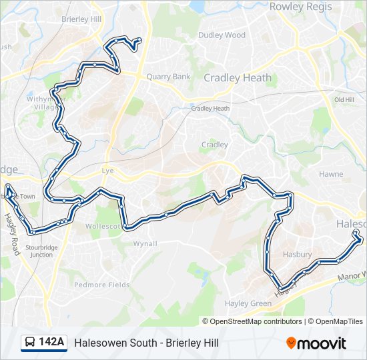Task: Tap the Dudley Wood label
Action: (x=222, y=35)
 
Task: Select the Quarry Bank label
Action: (x=168, y=77)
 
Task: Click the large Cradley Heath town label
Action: (x=238, y=77)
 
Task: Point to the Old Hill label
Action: (x=344, y=99)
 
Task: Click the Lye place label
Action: (x=108, y=170)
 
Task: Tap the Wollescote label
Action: (x=103, y=226)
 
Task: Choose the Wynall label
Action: (x=145, y=243)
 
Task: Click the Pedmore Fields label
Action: (x=101, y=285)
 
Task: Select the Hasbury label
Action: (x=297, y=255)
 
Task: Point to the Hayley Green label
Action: (x=248, y=303)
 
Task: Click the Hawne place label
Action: (x=331, y=174)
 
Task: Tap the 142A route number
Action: (x=51, y=343)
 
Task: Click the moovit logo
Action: (x=316, y=343)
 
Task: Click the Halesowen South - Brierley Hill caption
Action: (x=146, y=343)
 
